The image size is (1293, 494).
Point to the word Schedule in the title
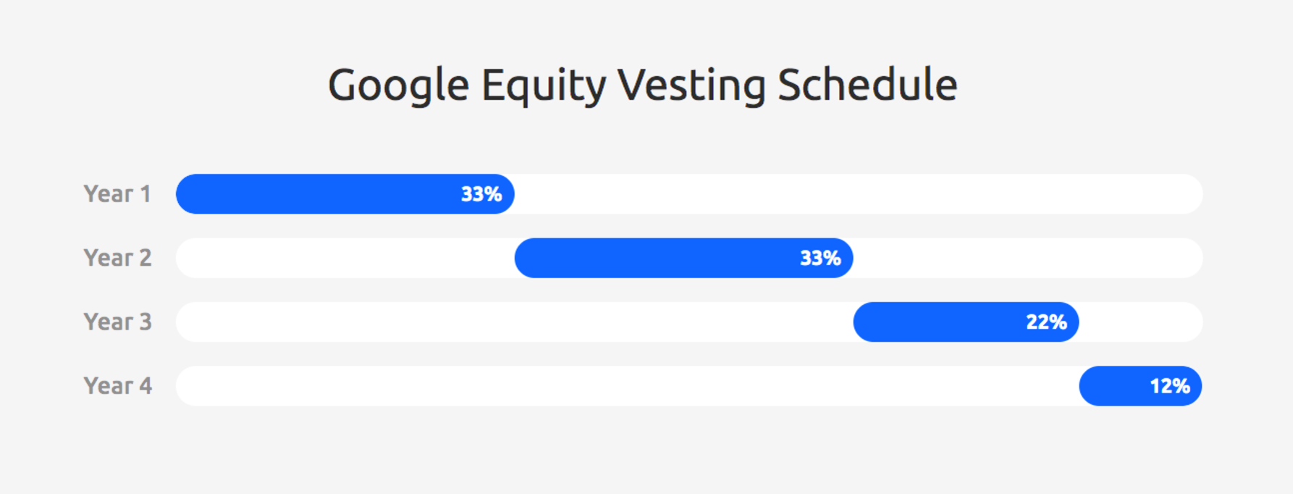(x=867, y=85)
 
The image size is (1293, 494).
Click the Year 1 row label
(x=117, y=194)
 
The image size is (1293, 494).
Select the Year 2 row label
(x=117, y=258)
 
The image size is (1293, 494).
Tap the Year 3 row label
(x=117, y=322)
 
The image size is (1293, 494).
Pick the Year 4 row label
(x=117, y=385)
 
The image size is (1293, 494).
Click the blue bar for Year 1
(x=345, y=194)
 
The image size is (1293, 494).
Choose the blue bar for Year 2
(x=684, y=258)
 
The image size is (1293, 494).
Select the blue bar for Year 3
(x=966, y=322)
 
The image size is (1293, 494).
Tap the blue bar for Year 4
(x=1141, y=385)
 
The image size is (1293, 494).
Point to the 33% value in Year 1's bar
(x=481, y=194)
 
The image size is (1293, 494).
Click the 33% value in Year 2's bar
(x=820, y=258)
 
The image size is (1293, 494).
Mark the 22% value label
(x=1046, y=322)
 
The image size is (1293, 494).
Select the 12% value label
(x=1170, y=386)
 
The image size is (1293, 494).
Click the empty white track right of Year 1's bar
(x=859, y=194)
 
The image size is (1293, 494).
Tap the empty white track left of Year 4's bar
(x=628, y=385)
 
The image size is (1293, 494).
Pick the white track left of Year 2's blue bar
(x=345, y=258)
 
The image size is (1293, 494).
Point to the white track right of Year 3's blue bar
(x=1141, y=322)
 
